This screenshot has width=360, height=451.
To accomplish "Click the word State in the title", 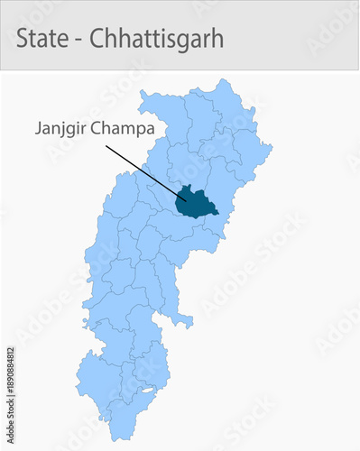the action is pyautogui.click(x=42, y=39).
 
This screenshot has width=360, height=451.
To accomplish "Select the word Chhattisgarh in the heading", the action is pyautogui.click(x=156, y=39).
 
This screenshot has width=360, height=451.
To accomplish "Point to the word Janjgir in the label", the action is pyautogui.click(x=64, y=128).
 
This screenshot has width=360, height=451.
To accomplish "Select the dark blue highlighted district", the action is pyautogui.click(x=198, y=204).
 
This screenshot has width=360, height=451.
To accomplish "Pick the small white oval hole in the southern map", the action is pyautogui.click(x=144, y=391).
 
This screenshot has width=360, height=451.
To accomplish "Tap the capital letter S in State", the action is pyautogui.click(x=23, y=39).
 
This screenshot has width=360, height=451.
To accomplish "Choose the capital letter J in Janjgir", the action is pyautogui.click(x=39, y=128).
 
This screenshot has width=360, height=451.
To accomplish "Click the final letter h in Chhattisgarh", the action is pyautogui.click(x=218, y=39).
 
